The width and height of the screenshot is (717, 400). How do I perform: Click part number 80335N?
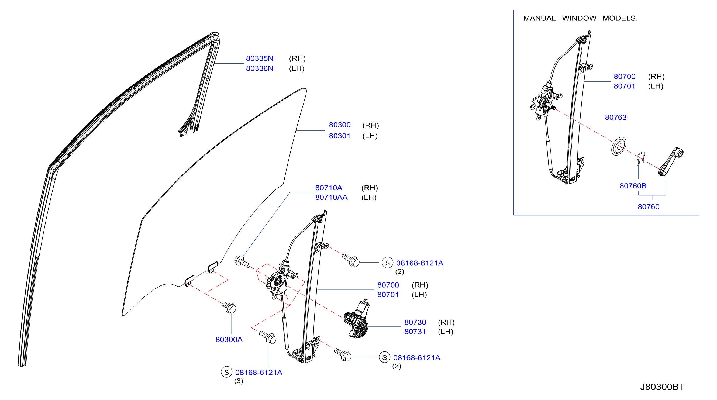pyautogui.click(x=259, y=58)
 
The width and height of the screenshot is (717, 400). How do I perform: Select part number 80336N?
pyautogui.click(x=259, y=68)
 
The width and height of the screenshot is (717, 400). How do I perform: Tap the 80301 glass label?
pyautogui.click(x=340, y=136)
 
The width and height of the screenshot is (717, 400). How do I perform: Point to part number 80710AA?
pyautogui.click(x=331, y=197)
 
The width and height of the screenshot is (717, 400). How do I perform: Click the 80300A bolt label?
pyautogui.click(x=229, y=340)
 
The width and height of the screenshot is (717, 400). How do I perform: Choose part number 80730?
pyautogui.click(x=415, y=322)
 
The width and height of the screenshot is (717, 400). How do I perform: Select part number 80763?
pyautogui.click(x=616, y=118)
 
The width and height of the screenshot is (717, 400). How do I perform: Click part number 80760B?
pyautogui.click(x=633, y=186)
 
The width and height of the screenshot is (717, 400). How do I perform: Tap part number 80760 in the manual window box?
pyautogui.click(x=649, y=207)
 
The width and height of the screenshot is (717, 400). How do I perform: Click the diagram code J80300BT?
pyautogui.click(x=663, y=387)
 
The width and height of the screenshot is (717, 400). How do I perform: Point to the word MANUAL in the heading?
pyautogui.click(x=539, y=18)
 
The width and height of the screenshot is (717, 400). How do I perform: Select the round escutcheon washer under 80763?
pyautogui.click(x=619, y=146)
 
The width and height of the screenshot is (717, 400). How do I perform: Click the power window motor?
pyautogui.click(x=357, y=319)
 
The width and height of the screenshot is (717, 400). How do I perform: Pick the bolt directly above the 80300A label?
pyautogui.click(x=229, y=307)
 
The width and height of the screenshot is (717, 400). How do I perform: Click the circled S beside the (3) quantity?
pyautogui.click(x=227, y=372)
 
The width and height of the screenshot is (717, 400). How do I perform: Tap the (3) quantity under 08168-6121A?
pyautogui.click(x=239, y=381)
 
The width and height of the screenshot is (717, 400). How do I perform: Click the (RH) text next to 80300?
pyautogui.click(x=370, y=125)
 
